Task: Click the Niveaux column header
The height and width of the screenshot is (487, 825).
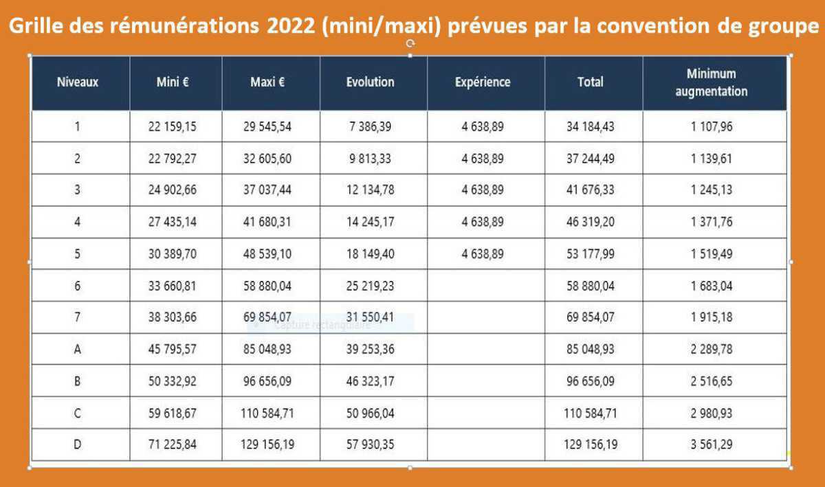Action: point(77,82)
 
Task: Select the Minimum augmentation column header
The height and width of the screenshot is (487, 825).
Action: point(711,82)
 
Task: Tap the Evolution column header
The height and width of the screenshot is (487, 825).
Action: point(370,82)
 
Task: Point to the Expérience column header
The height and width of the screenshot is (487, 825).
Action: point(483,82)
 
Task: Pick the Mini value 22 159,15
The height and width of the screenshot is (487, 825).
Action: point(172,126)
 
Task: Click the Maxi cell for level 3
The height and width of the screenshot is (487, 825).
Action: point(267,190)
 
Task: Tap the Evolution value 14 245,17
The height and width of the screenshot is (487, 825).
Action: point(370,222)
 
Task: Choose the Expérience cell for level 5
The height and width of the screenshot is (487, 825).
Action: point(483,253)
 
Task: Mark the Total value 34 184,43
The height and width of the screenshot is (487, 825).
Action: point(591,126)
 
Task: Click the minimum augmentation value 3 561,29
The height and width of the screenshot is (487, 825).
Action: point(712,444)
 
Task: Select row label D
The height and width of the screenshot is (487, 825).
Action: point(77,444)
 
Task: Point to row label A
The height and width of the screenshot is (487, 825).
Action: point(77,349)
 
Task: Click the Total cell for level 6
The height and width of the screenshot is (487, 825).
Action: point(591,286)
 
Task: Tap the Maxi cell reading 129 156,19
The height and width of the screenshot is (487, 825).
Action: point(267,444)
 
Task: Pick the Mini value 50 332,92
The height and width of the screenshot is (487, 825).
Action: point(172,381)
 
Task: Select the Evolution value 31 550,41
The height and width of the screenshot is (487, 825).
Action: point(370,317)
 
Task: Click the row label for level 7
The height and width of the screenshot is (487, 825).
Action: point(77,317)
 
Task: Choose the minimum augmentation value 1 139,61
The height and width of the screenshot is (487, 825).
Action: point(712,159)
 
